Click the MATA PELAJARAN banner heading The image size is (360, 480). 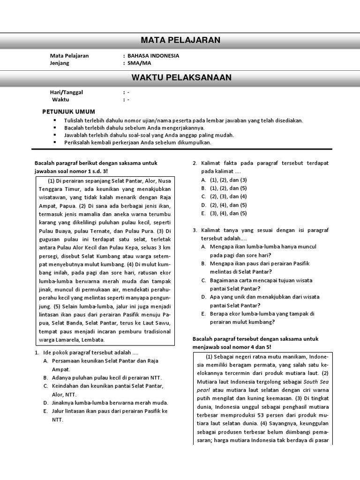180,40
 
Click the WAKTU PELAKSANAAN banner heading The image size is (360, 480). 181,77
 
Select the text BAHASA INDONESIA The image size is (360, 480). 153,56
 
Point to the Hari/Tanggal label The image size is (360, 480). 66,92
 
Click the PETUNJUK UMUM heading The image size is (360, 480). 68,112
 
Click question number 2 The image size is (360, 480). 195,163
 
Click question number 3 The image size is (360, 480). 195,231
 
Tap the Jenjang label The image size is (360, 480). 60,63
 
